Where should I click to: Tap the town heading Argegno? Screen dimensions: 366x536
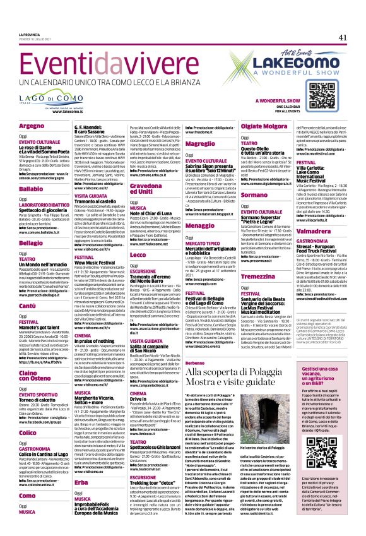pos(32,125)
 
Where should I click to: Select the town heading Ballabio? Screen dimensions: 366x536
pos(31,170)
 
